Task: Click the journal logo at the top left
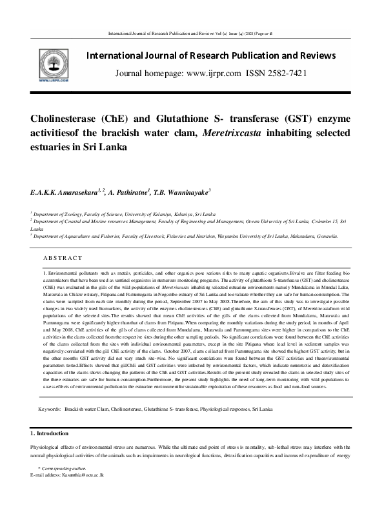coord(34,64)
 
